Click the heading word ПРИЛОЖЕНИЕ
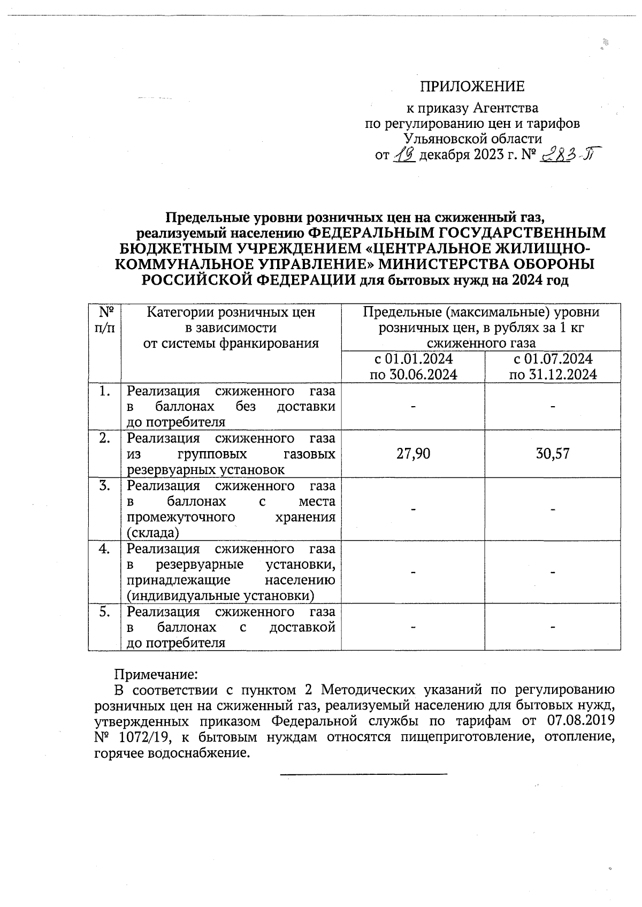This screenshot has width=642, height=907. click(472, 87)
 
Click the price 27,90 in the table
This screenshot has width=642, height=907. click(412, 454)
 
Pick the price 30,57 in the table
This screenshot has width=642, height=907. click(553, 454)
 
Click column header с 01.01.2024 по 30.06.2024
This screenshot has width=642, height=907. click(413, 367)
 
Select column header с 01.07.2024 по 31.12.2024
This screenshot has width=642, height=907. click(553, 367)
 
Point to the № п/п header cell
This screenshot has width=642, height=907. click(104, 319)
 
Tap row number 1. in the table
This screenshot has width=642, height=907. click(104, 391)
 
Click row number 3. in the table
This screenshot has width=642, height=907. click(104, 486)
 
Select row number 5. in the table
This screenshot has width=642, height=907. click(104, 612)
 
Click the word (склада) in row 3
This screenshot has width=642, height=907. click(152, 533)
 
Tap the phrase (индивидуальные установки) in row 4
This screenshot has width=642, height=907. click(220, 596)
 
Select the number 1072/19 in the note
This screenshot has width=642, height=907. click(143, 737)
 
